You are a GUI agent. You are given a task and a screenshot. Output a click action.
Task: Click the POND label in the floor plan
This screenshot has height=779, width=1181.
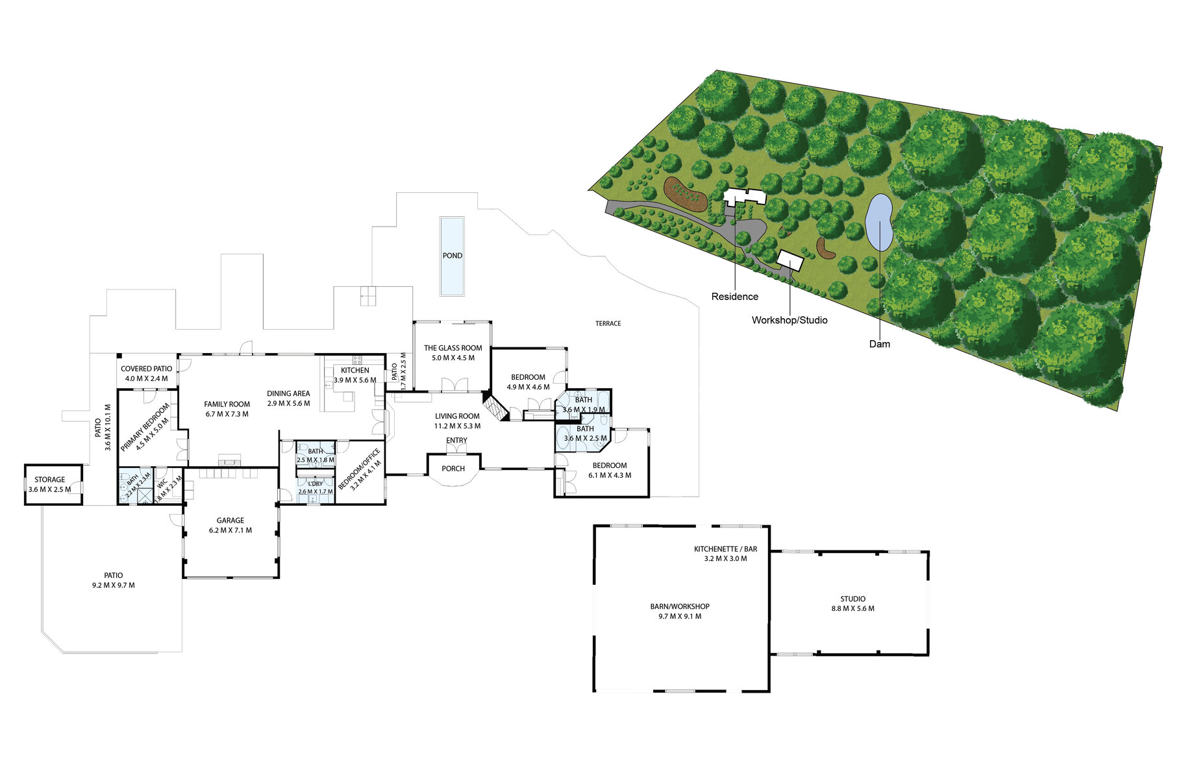[452, 256]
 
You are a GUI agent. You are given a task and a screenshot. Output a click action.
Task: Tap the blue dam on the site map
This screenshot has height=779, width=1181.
[879, 223]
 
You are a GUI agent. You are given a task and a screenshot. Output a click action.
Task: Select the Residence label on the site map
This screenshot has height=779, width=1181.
[734, 297]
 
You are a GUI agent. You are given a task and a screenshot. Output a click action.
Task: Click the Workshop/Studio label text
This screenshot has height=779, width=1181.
[789, 320]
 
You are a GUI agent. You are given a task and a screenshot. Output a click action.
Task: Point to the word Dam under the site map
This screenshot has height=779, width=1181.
[879, 344]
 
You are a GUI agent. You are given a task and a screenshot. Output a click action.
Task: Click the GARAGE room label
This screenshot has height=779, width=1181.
[230, 521]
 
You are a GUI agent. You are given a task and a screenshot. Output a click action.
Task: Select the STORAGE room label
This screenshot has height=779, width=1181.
[50, 480]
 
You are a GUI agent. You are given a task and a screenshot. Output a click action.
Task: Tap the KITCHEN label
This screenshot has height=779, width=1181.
[354, 371]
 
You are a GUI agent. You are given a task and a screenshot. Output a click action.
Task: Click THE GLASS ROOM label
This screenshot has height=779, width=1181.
[453, 348]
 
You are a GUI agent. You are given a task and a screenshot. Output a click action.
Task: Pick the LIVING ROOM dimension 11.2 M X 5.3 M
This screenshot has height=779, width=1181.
[457, 427]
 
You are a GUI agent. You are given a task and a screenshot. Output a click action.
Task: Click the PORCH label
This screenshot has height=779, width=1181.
[453, 469]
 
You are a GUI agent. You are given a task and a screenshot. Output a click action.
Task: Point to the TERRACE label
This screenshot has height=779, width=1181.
[608, 323]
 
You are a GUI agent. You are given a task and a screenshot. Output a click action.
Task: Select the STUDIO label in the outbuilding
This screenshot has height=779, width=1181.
[852, 599]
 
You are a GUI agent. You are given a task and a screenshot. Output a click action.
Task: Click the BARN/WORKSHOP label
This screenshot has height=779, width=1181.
[680, 606]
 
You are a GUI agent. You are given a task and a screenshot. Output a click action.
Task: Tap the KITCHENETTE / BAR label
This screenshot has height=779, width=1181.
[725, 549]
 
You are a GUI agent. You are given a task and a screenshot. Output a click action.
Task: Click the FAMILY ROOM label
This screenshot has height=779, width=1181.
[227, 404]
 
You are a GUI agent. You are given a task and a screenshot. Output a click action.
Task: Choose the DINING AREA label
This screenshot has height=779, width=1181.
[288, 393]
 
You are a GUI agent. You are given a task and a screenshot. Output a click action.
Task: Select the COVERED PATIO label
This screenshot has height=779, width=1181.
[146, 369]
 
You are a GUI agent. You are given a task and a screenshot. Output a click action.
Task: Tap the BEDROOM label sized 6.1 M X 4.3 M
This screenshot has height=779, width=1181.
[609, 465]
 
